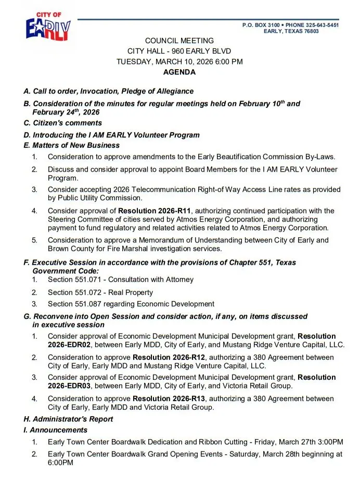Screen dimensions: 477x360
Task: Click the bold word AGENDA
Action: coord(179,72)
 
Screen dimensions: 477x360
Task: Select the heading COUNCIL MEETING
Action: coord(179,41)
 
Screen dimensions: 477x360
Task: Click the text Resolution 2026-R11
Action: coord(155,211)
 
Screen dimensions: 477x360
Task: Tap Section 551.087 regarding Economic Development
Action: coord(131,304)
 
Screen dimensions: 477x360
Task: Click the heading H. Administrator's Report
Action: coord(68,419)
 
